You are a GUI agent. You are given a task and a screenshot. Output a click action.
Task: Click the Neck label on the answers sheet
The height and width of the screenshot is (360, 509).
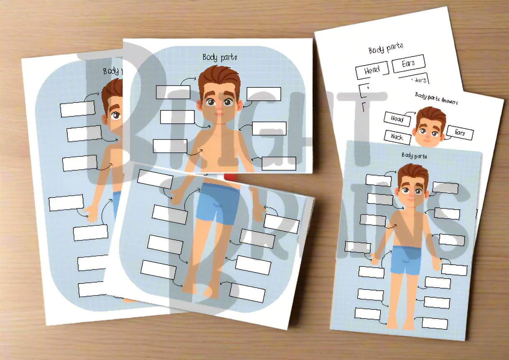pyautogui.click(x=396, y=136)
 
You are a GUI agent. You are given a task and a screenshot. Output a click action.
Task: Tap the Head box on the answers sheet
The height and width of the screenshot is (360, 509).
pyautogui.click(x=397, y=119)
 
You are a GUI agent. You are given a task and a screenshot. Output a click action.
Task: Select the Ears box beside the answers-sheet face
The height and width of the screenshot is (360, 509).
pyautogui.click(x=460, y=133)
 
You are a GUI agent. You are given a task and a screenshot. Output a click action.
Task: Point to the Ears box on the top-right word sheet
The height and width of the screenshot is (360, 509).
pyautogui.click(x=408, y=64)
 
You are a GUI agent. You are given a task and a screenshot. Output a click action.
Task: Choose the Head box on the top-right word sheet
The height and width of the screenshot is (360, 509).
pyautogui.click(x=372, y=70)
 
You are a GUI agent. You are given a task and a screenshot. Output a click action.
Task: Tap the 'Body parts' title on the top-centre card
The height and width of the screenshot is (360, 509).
pyautogui.click(x=220, y=57)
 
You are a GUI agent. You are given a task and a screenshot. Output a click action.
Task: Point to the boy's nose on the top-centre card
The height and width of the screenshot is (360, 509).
pyautogui.click(x=219, y=107)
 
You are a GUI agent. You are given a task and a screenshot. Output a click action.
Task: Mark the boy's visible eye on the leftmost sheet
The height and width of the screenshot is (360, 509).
pyautogui.click(x=115, y=115)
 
